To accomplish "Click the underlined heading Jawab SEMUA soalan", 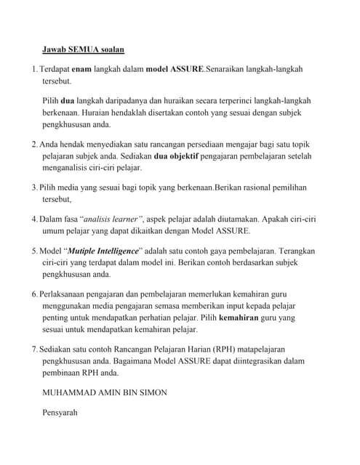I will tap(84, 49).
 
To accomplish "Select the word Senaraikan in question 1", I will tap(230, 69).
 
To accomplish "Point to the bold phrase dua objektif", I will tap(177, 155).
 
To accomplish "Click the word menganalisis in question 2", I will tap(71, 167).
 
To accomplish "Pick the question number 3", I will tap(34, 187).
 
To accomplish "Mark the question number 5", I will tap(34, 251).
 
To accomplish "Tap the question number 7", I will tap(34, 349).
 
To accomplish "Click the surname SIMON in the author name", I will tap(151, 392).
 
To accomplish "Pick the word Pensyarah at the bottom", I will tap(64, 413).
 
